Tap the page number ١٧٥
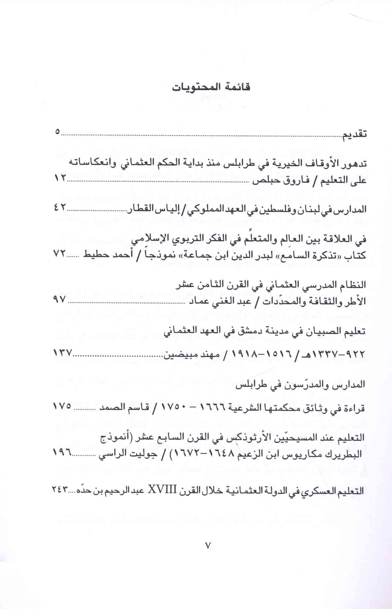(x=62, y=406)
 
